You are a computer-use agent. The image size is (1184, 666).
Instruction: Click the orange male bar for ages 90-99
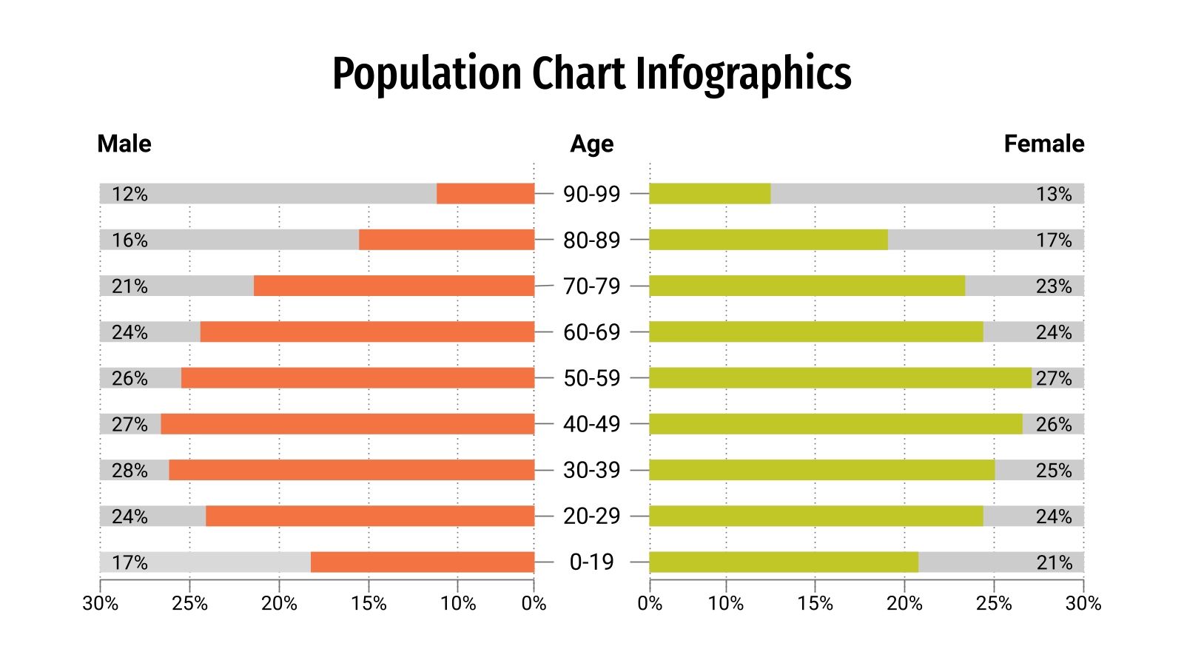[485, 194]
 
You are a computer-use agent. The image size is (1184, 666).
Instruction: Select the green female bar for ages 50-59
[840, 378]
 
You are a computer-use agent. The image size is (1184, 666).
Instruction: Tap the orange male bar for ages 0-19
[423, 562]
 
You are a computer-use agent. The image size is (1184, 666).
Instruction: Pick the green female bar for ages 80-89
[768, 240]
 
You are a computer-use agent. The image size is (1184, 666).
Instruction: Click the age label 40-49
[591, 424]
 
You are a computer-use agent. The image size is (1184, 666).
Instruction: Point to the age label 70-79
[591, 286]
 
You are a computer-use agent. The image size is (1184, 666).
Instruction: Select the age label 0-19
[591, 562]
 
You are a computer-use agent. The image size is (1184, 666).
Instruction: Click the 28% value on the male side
[129, 471]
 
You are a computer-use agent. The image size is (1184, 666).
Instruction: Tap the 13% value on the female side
[1054, 194]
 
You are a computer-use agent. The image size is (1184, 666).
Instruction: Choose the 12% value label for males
[129, 194]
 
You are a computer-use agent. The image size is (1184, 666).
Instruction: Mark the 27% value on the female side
[1054, 378]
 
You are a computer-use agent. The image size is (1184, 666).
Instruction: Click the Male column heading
[124, 144]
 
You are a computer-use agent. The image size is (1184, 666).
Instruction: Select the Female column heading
[1043, 144]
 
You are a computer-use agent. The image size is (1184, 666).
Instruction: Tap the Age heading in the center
[591, 144]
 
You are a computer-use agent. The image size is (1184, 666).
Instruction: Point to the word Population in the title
[427, 75]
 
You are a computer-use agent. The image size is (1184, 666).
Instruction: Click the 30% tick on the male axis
[100, 604]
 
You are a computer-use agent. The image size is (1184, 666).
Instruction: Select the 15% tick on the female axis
[815, 604]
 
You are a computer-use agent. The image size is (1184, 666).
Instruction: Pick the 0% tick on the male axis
[534, 604]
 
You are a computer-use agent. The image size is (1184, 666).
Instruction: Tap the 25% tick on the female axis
[993, 604]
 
